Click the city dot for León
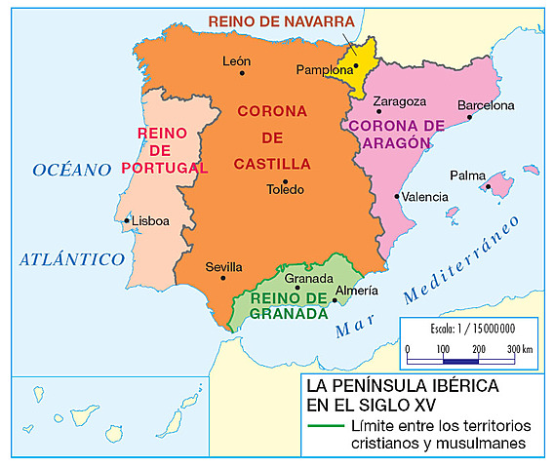pos(243,73)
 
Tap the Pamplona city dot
pos(356,66)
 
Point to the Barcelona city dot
pos(469,117)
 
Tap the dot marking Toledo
pos(285,180)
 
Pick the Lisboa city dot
pos(127,220)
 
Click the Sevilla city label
pos(223,266)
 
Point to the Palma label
pos(467,176)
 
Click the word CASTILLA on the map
pos(272,163)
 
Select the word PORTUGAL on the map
pos(166,167)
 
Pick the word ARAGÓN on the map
pos(398,141)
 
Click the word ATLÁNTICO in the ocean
pos(72,259)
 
